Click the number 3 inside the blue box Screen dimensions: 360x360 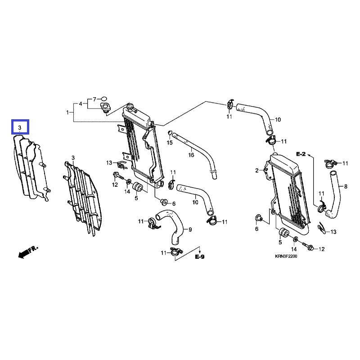click(20, 128)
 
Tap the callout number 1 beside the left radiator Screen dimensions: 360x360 click(67, 112)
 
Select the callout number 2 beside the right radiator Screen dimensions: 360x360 click(257, 171)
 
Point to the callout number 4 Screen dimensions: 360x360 click(81, 103)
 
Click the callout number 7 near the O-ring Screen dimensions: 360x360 click(94, 99)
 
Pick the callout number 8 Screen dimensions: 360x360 click(346, 186)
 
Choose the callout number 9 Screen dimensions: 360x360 click(190, 229)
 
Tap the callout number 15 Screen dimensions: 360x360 click(170, 143)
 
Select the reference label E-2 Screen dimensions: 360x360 click(301, 154)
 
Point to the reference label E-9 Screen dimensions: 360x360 click(199, 257)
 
